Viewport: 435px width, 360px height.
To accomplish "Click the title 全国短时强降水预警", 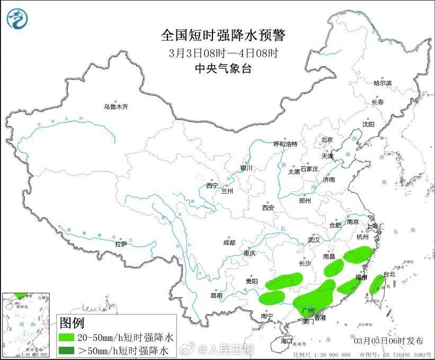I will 223,36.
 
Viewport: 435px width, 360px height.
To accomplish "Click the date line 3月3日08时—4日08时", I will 223,53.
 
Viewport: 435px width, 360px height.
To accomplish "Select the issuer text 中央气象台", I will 223,68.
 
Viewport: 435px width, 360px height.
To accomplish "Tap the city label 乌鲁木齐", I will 116,107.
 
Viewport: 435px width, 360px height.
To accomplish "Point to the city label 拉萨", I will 121,244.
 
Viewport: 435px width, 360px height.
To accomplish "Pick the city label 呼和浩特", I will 285,144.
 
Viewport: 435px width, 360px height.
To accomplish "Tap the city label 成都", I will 229,243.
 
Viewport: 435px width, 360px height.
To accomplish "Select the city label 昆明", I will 217,295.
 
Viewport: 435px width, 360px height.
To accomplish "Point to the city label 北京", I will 326,140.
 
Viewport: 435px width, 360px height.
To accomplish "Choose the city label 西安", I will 268,208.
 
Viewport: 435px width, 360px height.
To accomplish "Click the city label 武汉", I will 314,240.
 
